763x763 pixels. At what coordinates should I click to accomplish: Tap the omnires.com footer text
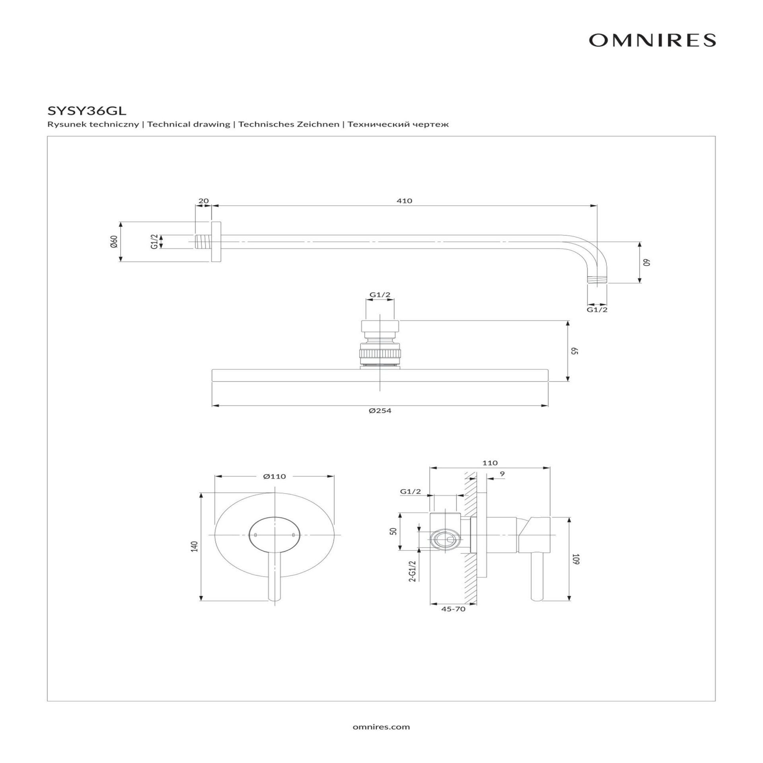(x=381, y=727)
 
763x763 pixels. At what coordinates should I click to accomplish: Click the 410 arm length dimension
(x=404, y=201)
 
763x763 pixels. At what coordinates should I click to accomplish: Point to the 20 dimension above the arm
(x=203, y=201)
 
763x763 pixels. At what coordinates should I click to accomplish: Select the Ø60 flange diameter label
(x=114, y=242)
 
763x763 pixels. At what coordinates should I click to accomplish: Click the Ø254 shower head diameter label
(x=380, y=411)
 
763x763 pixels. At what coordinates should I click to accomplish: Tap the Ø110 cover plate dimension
(x=274, y=476)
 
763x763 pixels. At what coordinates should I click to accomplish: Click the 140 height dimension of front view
(x=194, y=546)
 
